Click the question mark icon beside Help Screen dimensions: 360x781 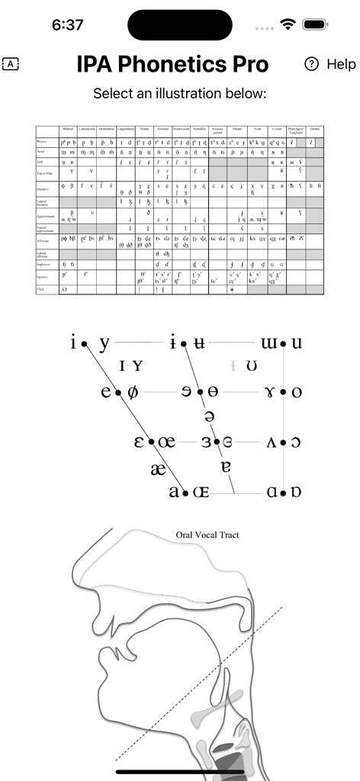pos(310,64)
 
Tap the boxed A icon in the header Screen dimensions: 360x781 pos(11,64)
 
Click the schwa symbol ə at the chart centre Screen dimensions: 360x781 pos(210,416)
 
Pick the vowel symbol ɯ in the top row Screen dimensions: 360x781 pos(269,343)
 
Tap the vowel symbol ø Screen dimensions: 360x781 pos(132,392)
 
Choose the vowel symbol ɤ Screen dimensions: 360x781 pos(271,392)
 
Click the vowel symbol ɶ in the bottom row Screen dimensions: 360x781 pos(200,492)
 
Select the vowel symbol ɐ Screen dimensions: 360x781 pos(224,466)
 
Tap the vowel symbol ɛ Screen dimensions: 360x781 pos(140,442)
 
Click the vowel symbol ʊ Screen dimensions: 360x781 pos(252,367)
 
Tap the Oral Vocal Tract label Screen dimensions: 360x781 pos(207,535)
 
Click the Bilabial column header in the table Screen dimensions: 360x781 pos(69,131)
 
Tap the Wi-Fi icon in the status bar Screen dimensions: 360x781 pos(288,24)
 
